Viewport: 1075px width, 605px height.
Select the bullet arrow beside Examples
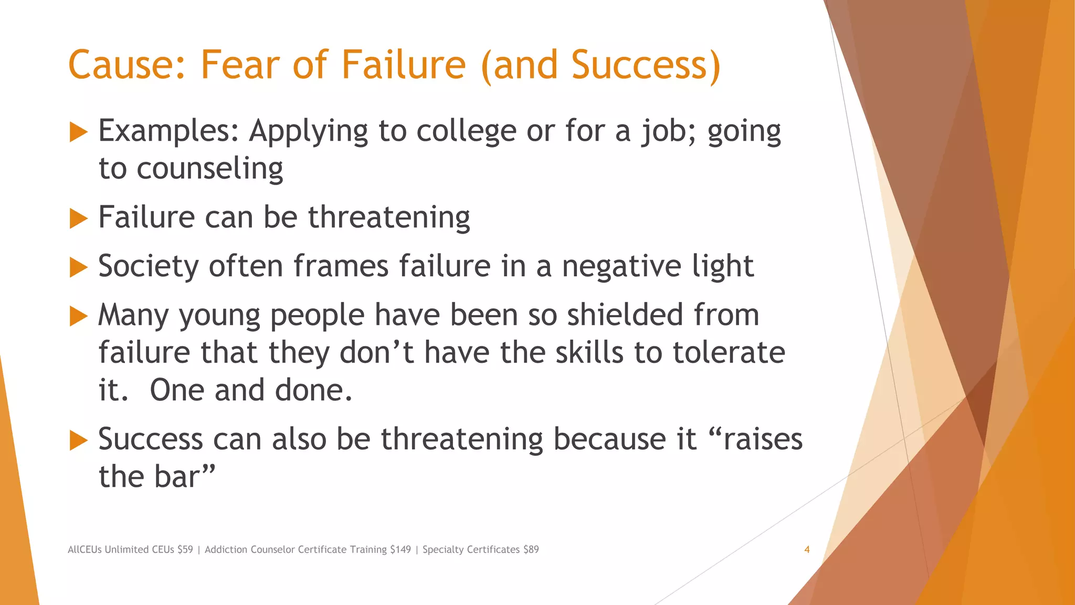pyautogui.click(x=78, y=132)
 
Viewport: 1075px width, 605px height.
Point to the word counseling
pyautogui.click(x=209, y=169)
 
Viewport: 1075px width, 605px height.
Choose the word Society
pyautogui.click(x=149, y=266)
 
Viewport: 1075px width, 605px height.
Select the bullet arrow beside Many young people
pyautogui.click(x=78, y=316)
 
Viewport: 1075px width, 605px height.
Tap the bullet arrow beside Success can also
pyautogui.click(x=78, y=440)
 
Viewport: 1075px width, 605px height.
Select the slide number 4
pyautogui.click(x=807, y=549)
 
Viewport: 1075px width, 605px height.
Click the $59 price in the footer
pyautogui.click(x=185, y=549)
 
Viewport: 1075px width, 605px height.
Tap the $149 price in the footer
pyautogui.click(x=401, y=549)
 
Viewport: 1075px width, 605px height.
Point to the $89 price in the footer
pyautogui.click(x=531, y=549)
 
